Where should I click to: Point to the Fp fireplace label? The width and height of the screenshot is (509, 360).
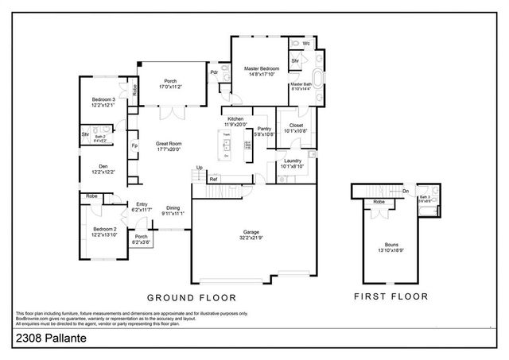134,145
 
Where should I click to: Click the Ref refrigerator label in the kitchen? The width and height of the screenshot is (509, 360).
213,180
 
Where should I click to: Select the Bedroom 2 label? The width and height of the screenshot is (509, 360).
104,231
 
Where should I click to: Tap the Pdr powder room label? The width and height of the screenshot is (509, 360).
214,72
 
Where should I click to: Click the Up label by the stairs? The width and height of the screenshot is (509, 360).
199,167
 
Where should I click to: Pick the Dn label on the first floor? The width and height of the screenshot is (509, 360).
405,191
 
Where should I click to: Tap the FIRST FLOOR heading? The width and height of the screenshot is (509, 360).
390,297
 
